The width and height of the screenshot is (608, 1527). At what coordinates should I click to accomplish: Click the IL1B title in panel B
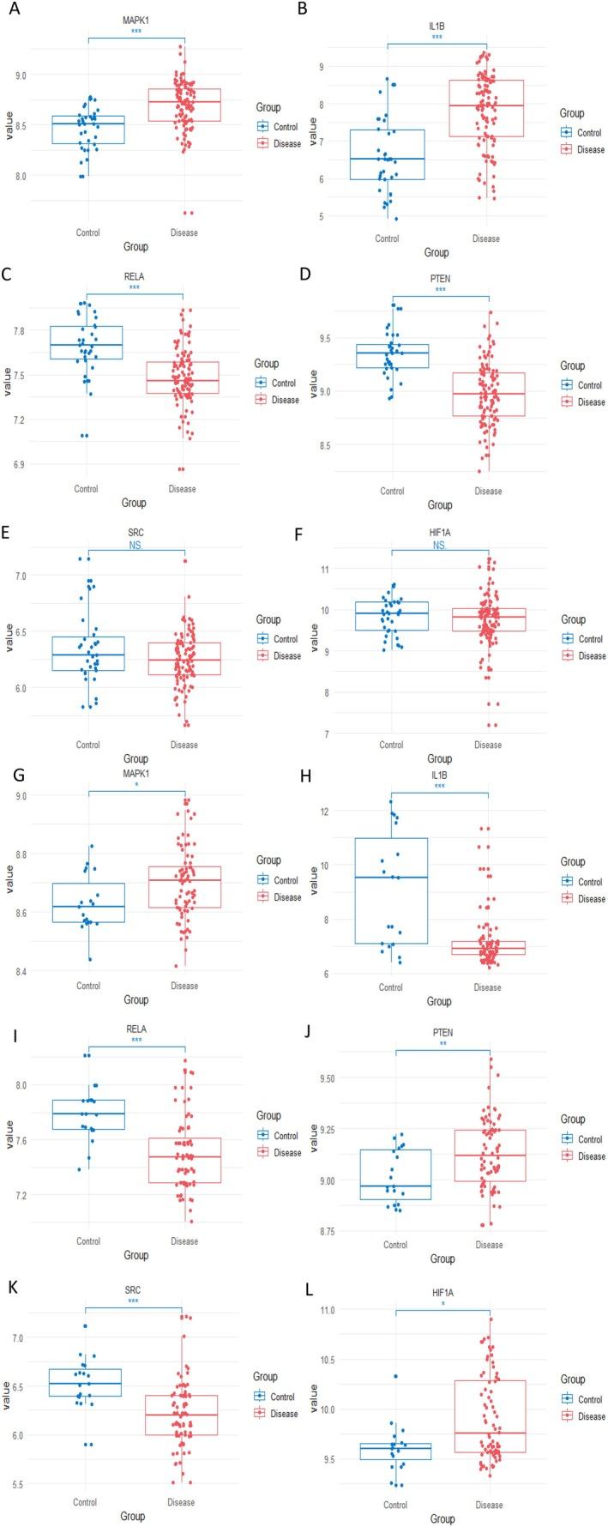pos(436,27)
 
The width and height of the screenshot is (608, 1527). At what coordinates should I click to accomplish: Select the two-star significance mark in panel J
pos(442,1044)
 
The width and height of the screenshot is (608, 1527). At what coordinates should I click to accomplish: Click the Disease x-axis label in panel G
pos(184,986)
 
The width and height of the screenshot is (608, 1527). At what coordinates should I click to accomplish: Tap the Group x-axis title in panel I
pos(135,1255)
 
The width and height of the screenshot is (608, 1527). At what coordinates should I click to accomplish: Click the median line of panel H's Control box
pos(391,877)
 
